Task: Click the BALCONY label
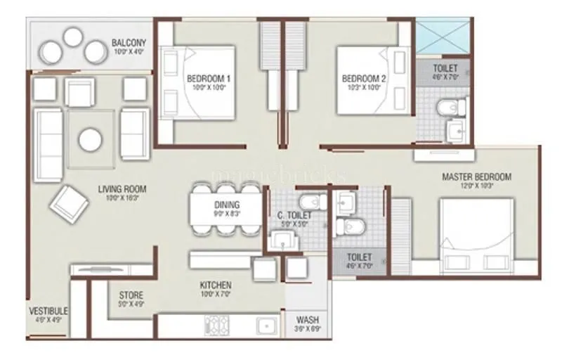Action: [x=129, y=43]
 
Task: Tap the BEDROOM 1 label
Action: [x=209, y=79]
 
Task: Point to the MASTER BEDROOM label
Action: [x=476, y=176]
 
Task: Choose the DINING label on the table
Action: [x=227, y=205]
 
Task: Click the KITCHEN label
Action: [x=216, y=285]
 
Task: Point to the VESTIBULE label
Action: [x=48, y=311]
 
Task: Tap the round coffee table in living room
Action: [x=89, y=139]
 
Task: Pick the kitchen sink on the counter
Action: [x=266, y=326]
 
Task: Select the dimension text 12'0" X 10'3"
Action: [x=476, y=187]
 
